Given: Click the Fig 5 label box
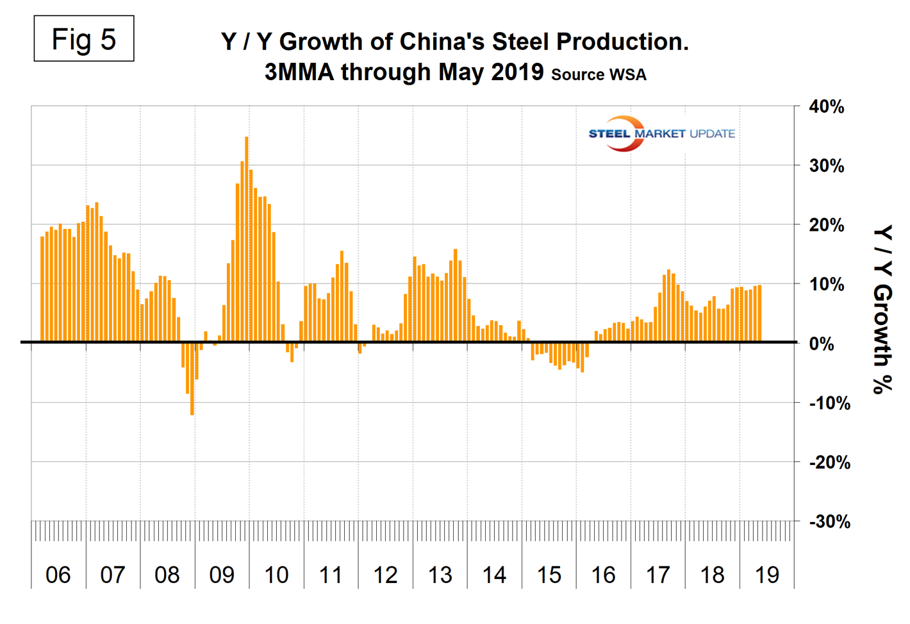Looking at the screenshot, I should [83, 39].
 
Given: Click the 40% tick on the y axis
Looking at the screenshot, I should [826, 107].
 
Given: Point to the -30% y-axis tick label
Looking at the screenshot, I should [829, 521].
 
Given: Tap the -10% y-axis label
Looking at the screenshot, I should [829, 403].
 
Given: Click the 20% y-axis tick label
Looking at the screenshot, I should [826, 226].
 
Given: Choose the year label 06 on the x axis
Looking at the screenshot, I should [58, 575].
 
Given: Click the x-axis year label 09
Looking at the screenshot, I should [222, 575].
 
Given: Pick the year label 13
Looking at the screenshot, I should [440, 575].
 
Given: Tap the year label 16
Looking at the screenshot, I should [604, 575].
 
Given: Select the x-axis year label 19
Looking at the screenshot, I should [767, 575].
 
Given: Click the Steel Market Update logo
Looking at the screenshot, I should [661, 133].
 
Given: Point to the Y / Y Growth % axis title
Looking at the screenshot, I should [883, 309].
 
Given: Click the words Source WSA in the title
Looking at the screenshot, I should [599, 74].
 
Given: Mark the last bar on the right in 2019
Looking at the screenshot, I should [759, 314].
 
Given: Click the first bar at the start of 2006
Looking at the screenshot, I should [42, 289].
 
